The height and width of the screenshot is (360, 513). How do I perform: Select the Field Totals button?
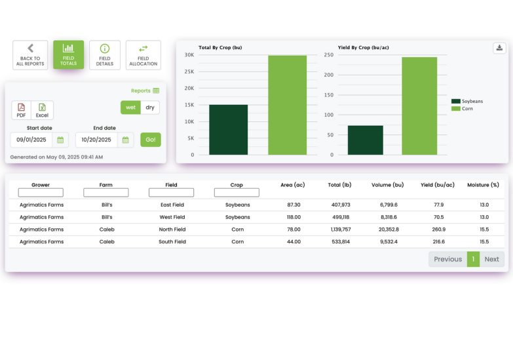(x=68, y=55)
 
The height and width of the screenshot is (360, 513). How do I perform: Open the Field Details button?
(x=105, y=55)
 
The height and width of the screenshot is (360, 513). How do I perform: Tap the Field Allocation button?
(x=143, y=55)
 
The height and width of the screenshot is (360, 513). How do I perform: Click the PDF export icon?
(x=22, y=110)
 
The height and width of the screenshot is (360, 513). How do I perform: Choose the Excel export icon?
(x=42, y=110)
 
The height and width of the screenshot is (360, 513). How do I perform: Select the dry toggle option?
(x=150, y=108)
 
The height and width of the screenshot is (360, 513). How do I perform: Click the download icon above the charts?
(x=499, y=48)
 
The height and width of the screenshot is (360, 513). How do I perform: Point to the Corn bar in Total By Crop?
(x=287, y=105)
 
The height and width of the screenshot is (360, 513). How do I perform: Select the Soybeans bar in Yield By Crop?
(x=365, y=140)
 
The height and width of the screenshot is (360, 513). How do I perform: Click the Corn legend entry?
(x=466, y=108)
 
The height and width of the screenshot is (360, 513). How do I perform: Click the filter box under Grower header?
(x=41, y=193)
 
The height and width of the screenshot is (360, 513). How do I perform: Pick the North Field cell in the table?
(x=172, y=230)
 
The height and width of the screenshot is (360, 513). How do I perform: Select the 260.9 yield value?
(x=438, y=230)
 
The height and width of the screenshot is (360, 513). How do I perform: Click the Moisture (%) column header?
(x=484, y=185)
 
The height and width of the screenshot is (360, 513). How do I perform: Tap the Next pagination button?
(x=491, y=259)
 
